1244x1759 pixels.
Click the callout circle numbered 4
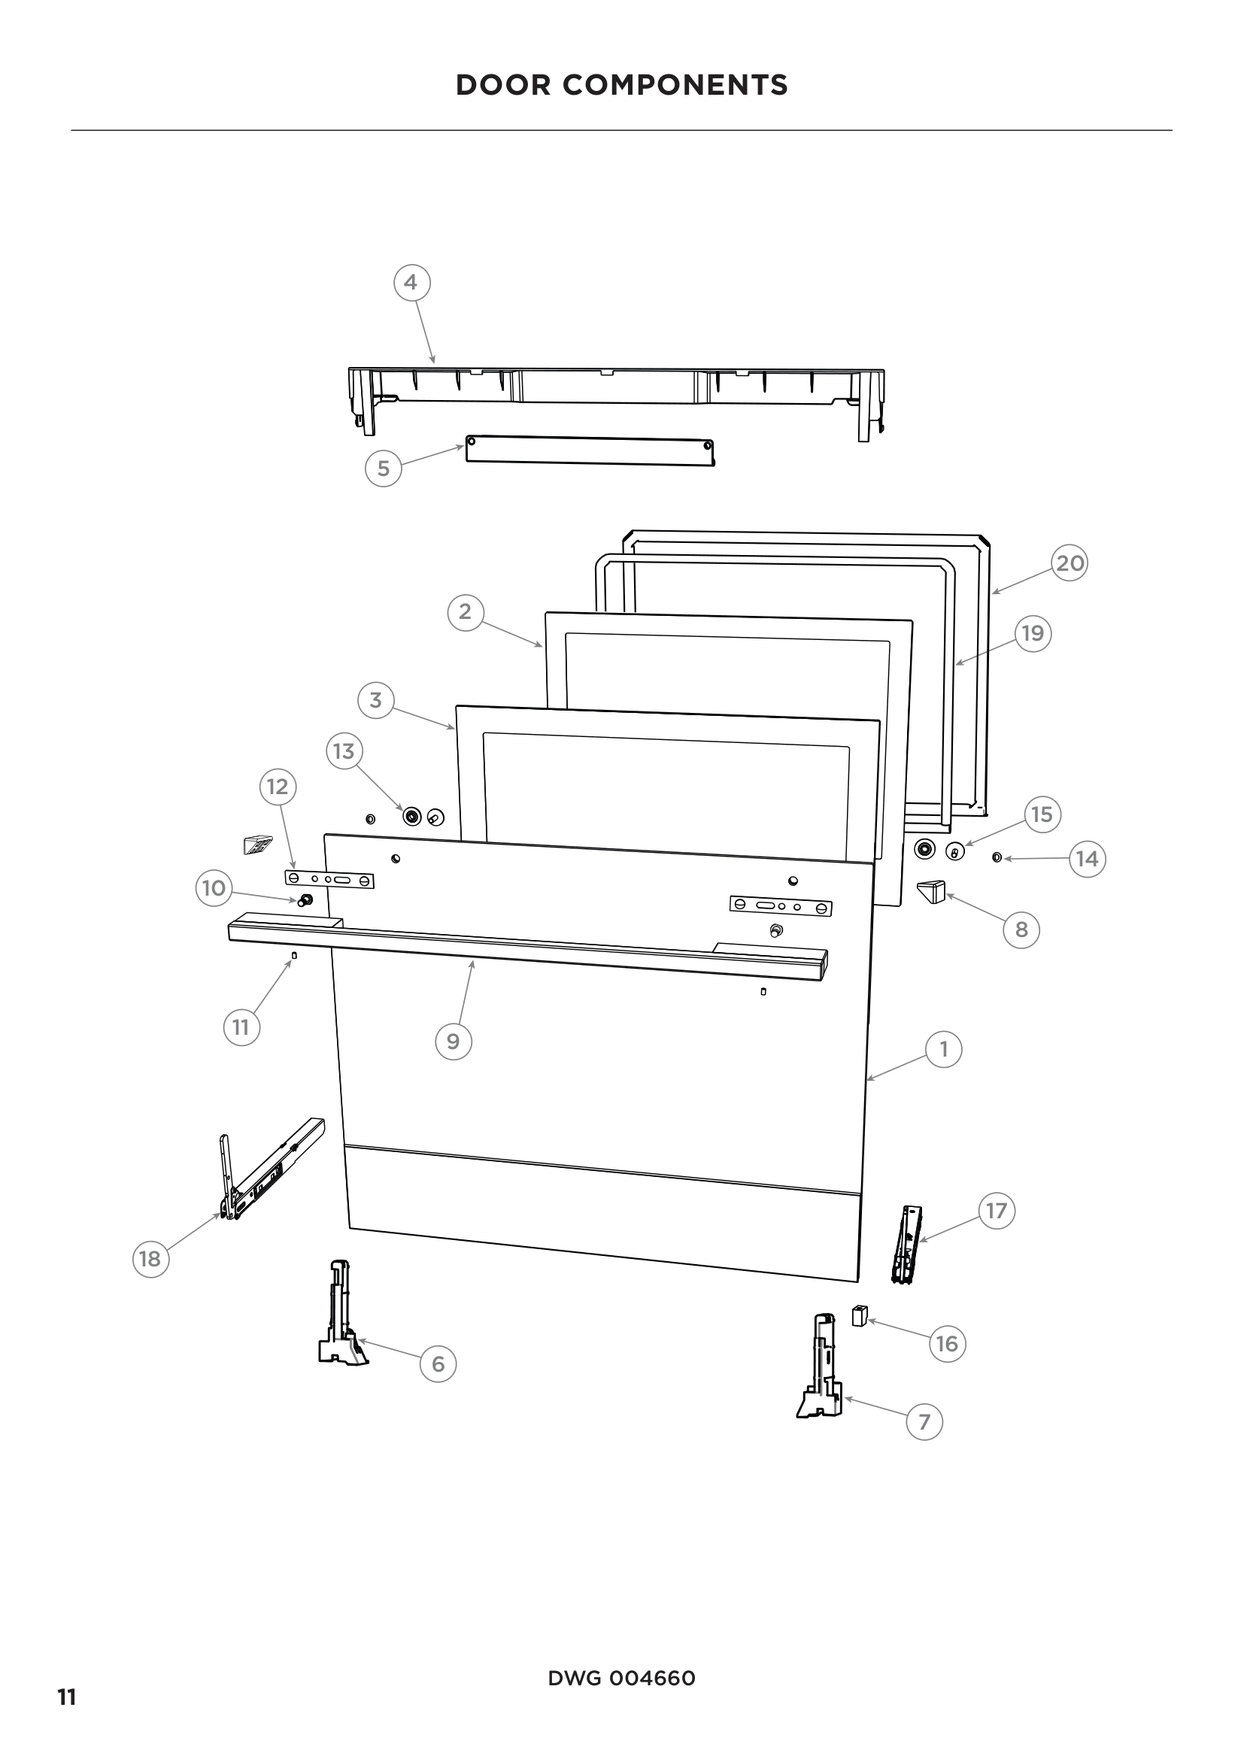411,283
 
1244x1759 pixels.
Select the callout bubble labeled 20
1070,563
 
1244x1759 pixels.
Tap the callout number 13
344,751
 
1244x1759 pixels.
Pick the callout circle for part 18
150,1258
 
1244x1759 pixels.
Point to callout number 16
947,1343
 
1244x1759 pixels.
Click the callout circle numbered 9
453,1041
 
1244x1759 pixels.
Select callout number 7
924,1422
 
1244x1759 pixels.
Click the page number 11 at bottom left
68,1698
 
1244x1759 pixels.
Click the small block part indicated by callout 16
859,1316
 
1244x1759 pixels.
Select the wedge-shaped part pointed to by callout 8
931,892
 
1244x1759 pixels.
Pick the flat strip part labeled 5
590,450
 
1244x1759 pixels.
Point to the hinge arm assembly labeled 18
272,1172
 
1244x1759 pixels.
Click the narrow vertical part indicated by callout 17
907,1245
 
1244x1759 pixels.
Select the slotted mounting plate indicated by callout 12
329,880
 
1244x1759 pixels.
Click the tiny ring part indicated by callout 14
996,857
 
